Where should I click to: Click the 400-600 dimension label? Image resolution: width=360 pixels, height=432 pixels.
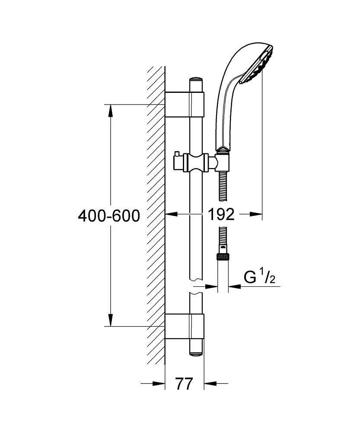(x=109, y=216)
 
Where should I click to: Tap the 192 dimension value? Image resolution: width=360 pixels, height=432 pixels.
(x=221, y=214)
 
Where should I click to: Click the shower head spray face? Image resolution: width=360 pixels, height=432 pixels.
(x=257, y=65)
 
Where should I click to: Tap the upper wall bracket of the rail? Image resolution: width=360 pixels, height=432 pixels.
(x=184, y=105)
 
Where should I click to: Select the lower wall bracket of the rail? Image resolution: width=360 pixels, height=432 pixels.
(x=184, y=326)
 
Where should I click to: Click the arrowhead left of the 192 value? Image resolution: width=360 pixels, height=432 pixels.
(x=171, y=214)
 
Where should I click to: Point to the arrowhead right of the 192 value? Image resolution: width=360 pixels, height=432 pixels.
(x=255, y=214)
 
